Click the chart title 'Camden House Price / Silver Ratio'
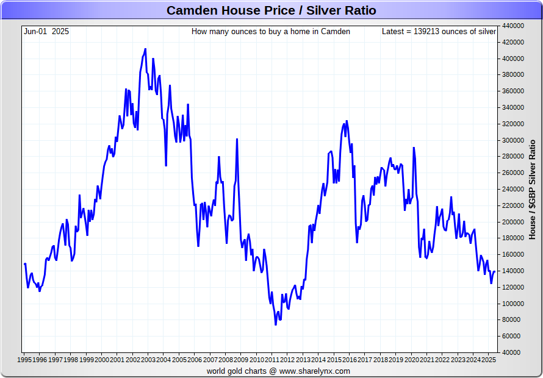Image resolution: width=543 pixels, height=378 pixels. tap(271, 10)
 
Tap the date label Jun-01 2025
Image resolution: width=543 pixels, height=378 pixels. tap(46, 31)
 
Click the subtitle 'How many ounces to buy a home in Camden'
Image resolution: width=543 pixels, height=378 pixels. tap(271, 31)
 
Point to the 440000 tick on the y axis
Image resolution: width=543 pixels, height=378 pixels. tap(513, 26)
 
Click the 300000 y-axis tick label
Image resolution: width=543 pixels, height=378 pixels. tap(513, 140)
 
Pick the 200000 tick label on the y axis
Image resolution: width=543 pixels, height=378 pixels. tap(513, 222)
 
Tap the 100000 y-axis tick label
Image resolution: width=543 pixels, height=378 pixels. tap(513, 304)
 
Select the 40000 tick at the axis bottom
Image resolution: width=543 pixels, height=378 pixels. tap(511, 352)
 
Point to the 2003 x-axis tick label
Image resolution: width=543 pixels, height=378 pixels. tap(148, 360)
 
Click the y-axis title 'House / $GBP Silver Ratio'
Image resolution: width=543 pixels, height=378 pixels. tap(532, 189)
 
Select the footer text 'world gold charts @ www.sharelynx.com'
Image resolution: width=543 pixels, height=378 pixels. tap(278, 371)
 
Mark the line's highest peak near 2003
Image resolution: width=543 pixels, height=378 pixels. tap(145, 49)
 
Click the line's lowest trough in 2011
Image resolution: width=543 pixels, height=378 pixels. tap(276, 324)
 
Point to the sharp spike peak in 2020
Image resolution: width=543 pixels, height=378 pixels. tap(414, 148)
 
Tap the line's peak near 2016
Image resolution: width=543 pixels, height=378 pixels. tap(347, 121)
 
